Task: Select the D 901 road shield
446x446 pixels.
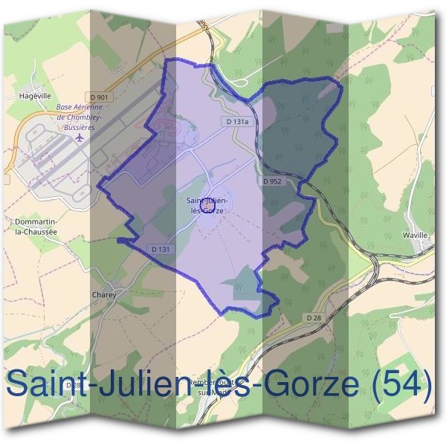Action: tap(98, 97)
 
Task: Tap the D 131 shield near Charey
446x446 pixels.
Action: tap(160, 249)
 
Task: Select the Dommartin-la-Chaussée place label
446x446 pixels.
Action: tap(36, 226)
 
